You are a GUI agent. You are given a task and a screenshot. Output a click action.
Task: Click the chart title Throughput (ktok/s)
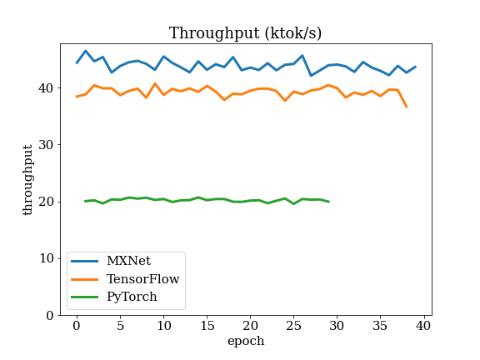[x=245, y=33]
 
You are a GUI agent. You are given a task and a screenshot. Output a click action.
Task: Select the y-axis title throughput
[x=27, y=180]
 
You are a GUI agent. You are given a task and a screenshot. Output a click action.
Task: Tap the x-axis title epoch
[x=246, y=341]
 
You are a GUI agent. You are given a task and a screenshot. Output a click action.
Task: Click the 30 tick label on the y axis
[x=46, y=145]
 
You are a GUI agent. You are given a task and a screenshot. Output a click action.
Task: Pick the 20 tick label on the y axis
[x=46, y=202]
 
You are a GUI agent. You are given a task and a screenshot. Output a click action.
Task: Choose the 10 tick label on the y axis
[x=46, y=258]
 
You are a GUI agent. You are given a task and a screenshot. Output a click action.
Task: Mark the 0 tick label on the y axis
[x=50, y=315]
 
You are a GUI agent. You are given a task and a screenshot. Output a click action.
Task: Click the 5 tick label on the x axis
[x=120, y=326]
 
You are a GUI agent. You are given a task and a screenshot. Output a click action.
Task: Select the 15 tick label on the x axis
[x=207, y=326]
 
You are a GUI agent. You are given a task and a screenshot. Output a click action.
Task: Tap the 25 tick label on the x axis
[x=293, y=326]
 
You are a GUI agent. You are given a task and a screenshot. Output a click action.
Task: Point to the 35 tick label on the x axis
[x=380, y=326]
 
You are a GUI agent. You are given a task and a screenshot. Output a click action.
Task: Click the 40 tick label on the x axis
[x=423, y=326]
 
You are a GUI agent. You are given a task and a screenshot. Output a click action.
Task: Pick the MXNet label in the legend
[x=128, y=261]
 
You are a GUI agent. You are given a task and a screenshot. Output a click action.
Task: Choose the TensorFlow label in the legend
[x=143, y=279]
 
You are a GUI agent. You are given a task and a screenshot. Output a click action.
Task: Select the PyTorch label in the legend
[x=132, y=297]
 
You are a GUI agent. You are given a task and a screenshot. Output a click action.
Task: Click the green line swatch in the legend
[x=84, y=297]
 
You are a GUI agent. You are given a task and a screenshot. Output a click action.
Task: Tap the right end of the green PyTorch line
[x=329, y=202]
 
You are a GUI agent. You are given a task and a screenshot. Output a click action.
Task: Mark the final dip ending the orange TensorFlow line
[x=407, y=107]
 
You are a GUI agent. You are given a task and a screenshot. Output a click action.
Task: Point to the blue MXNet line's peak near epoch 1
[x=85, y=51]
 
